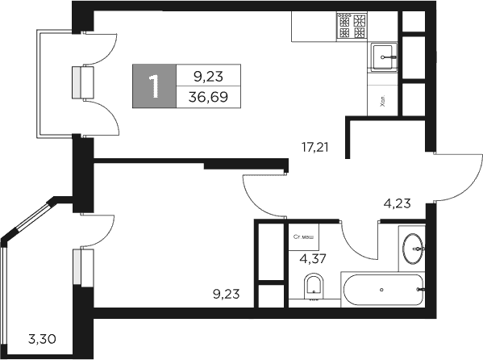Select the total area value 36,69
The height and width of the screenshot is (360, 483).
tap(207, 96)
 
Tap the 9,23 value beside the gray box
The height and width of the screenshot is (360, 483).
tap(207, 76)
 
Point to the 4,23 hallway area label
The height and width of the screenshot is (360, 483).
tap(397, 203)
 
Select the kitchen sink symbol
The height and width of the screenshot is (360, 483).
tap(385, 54)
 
